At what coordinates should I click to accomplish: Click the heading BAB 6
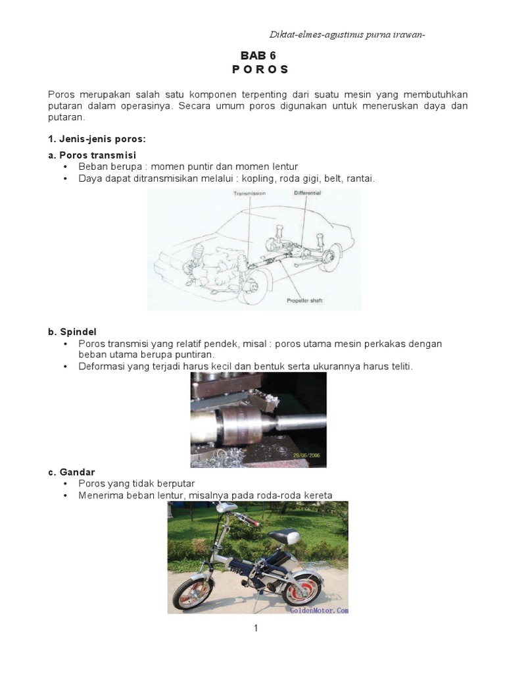[x=258, y=56]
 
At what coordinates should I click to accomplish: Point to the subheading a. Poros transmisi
[x=92, y=155]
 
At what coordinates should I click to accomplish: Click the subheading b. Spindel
[x=73, y=331]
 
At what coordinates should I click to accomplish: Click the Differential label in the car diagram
[x=308, y=193]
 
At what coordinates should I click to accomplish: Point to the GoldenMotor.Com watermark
[x=318, y=610]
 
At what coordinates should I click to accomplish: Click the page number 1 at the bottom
[x=256, y=629]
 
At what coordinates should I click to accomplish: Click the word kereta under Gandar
[x=318, y=495]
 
